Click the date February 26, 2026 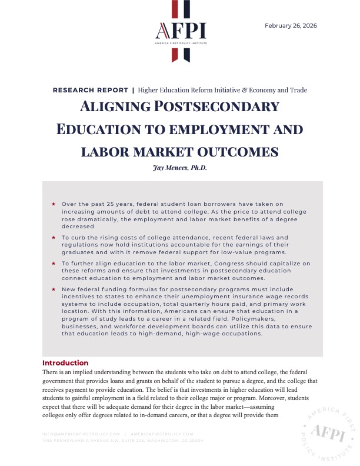tap(291, 25)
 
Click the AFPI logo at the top tap(180, 31)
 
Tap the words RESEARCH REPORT tap(90, 90)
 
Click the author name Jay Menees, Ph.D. tap(180, 167)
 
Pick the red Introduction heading tap(65, 363)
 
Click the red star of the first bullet tap(54, 204)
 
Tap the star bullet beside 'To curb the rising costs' tap(54, 237)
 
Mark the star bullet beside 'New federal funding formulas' tap(54, 289)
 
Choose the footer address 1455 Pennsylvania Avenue tap(122, 440)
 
